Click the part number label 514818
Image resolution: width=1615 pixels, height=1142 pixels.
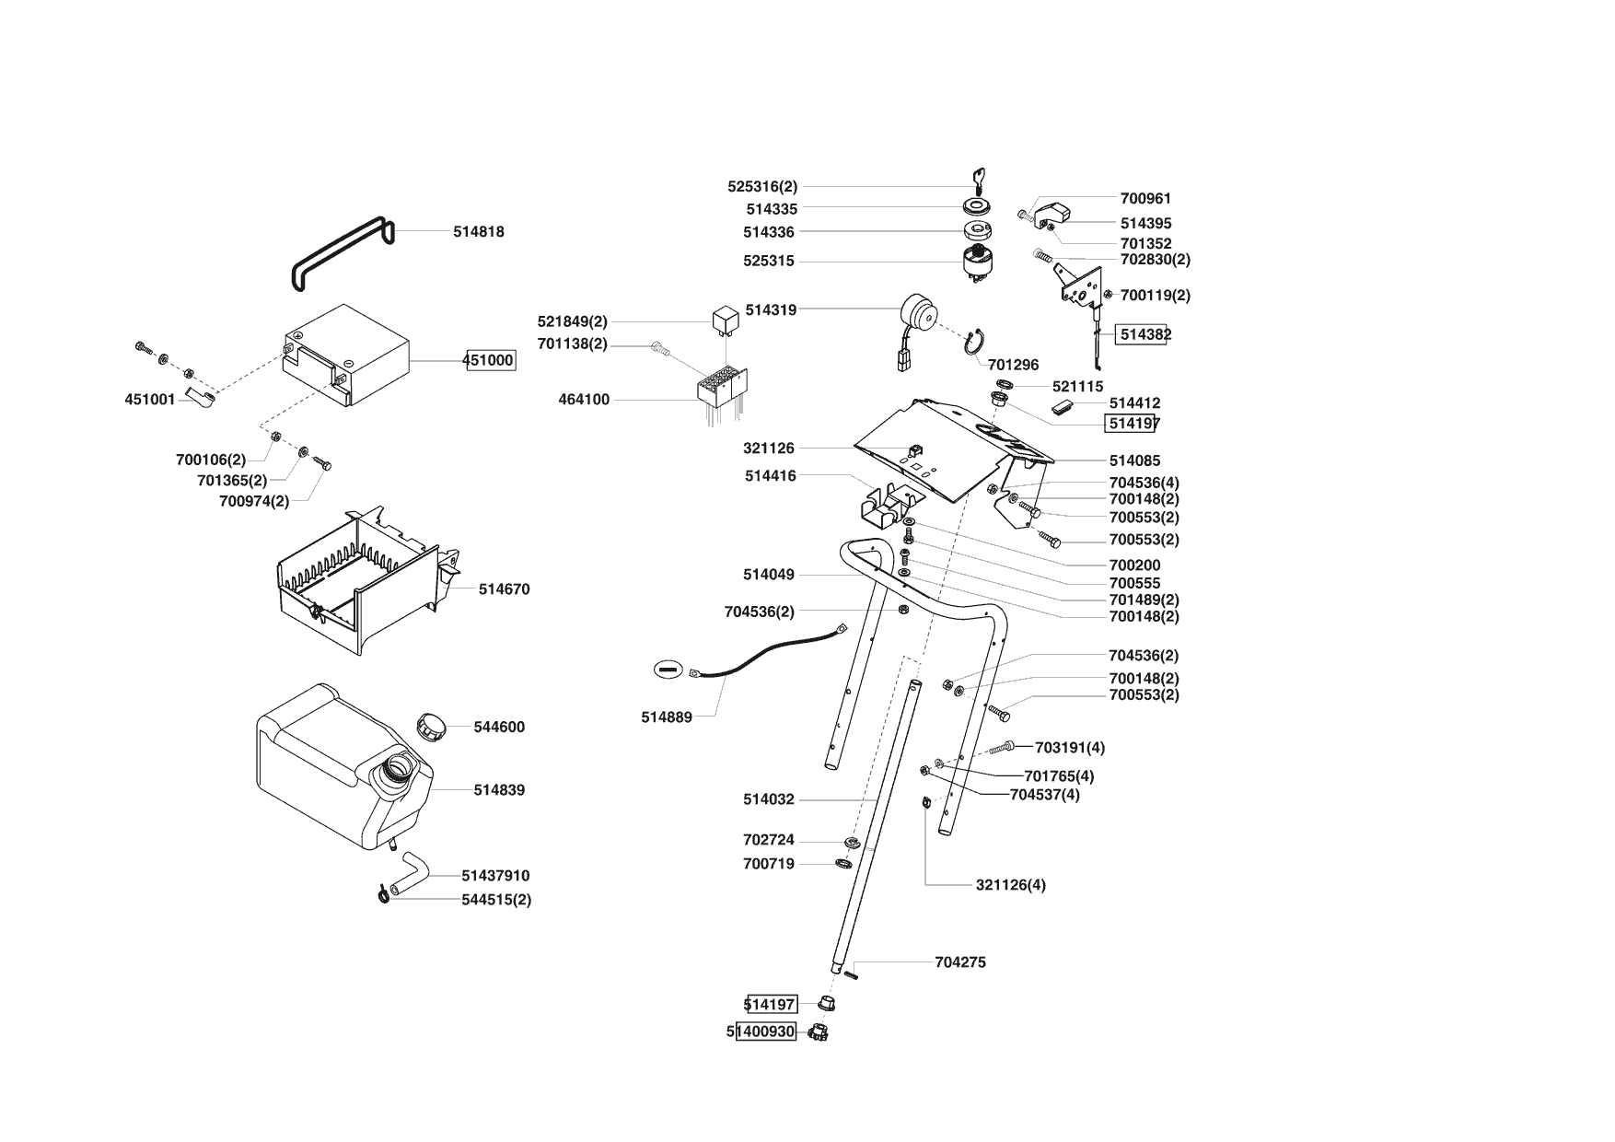pyautogui.click(x=478, y=232)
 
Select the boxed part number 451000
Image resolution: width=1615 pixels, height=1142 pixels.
pyautogui.click(x=488, y=360)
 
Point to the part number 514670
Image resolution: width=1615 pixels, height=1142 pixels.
pyautogui.click(x=504, y=589)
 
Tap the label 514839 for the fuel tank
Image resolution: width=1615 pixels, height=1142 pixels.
pyautogui.click(x=499, y=790)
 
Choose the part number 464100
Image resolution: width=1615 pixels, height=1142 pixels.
pyautogui.click(x=584, y=400)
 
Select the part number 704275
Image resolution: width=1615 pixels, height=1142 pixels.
pyautogui.click(x=959, y=962)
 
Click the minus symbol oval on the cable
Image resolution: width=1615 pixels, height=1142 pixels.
pyautogui.click(x=667, y=669)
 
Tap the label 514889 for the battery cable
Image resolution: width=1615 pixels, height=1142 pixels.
pyautogui.click(x=667, y=717)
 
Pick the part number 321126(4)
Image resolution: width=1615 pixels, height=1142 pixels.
pyautogui.click(x=1010, y=885)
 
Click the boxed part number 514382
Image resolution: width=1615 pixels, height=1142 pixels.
pyautogui.click(x=1142, y=334)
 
